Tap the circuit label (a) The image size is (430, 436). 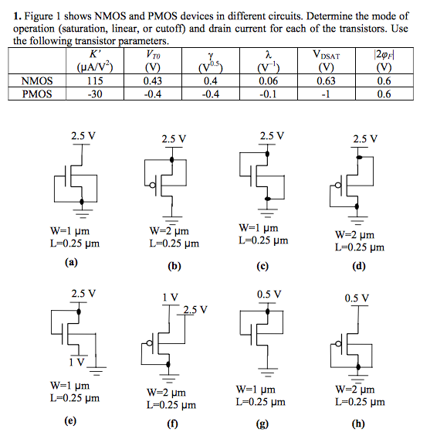coord(72,262)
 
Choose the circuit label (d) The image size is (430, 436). coord(358,267)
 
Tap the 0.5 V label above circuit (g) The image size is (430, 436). coord(268,294)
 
